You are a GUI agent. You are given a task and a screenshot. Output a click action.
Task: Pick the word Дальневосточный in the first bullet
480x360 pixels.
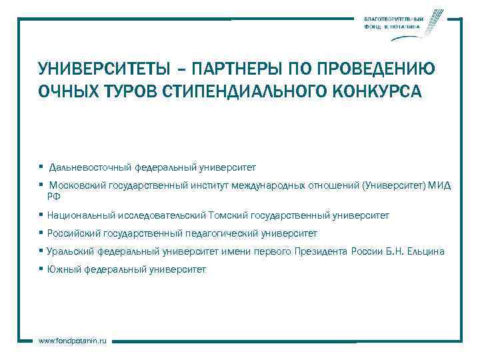click(x=91, y=167)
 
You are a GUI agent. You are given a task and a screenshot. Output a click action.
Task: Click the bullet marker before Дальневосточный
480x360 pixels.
click(x=41, y=167)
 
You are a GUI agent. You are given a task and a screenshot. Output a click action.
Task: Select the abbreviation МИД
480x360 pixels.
click(x=440, y=186)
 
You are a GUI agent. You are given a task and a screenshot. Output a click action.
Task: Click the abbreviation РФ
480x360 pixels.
click(x=53, y=196)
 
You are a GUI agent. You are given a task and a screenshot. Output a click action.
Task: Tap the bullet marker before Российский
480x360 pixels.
click(x=41, y=233)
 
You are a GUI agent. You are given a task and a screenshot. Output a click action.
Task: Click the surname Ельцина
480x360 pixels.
click(x=425, y=251)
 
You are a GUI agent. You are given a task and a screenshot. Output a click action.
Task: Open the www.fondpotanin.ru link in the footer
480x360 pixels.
click(x=73, y=341)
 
